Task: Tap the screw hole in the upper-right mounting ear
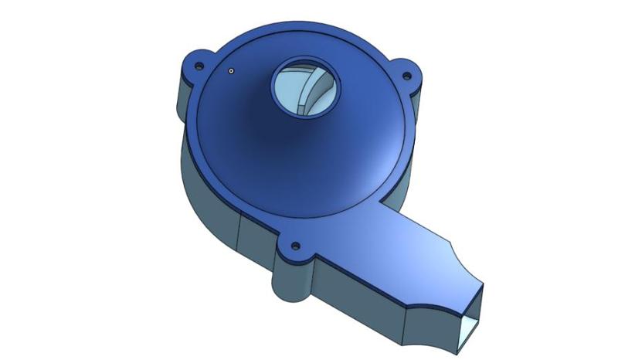pos(406,77)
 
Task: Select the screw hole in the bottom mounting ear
pos(294,248)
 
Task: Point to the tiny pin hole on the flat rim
pos(230,71)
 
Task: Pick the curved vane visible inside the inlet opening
pos(318,85)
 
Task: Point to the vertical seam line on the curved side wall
pos(236,232)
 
